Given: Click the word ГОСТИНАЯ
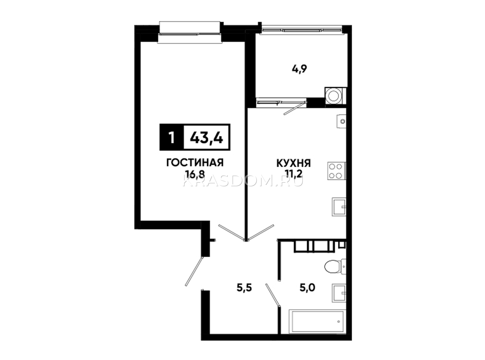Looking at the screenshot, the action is click(195, 163).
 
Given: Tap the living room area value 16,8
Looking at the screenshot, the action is click(195, 174).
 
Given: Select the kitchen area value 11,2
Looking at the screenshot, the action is click(293, 174).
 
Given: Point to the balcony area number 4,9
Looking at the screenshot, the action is click(299, 69).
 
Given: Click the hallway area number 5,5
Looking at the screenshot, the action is click(244, 288).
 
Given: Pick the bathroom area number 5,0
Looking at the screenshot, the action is click(307, 288).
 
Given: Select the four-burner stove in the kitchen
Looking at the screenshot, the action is click(336, 171).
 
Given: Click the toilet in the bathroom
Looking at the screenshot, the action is click(335, 267).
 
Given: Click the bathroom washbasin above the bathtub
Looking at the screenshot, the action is click(339, 293).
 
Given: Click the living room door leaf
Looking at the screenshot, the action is click(232, 232).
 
